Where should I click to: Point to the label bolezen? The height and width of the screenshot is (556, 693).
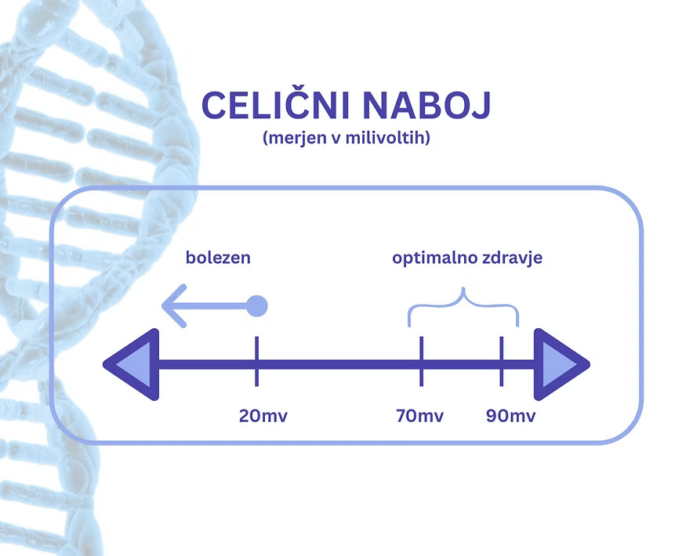[218, 257]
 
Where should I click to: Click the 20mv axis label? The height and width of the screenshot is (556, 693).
[263, 415]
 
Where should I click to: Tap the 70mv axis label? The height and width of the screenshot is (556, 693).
[421, 415]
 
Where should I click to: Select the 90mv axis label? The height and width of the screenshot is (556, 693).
[511, 415]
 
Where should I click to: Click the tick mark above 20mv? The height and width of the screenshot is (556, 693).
[256, 362]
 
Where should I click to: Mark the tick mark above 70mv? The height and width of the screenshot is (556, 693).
[422, 362]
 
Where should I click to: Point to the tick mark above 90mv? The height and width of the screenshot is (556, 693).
[502, 362]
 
